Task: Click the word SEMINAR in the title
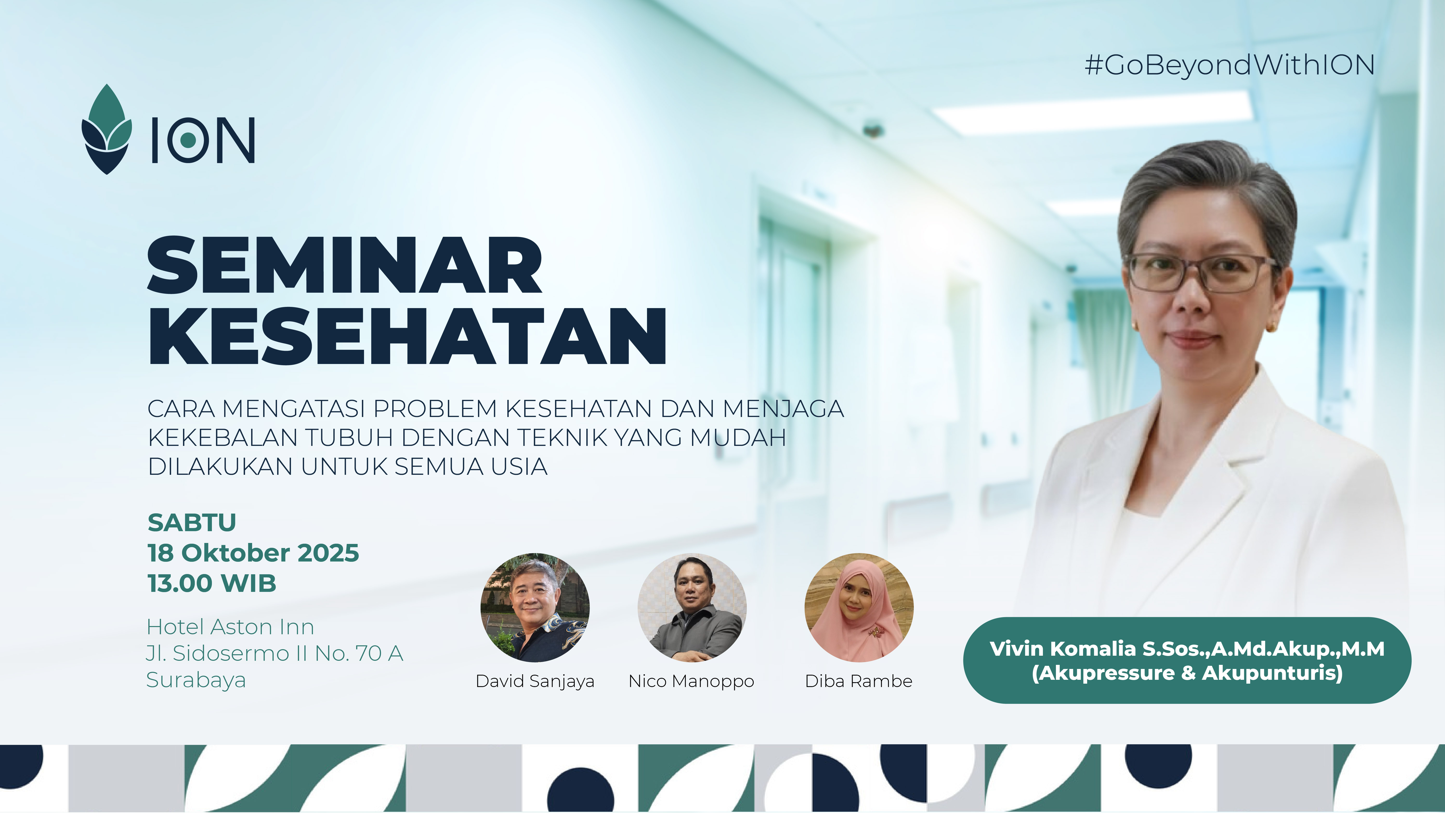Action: [x=344, y=265]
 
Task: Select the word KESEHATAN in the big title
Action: [x=407, y=336]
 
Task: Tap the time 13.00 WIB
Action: [x=212, y=583]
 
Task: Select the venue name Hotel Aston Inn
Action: [x=230, y=627]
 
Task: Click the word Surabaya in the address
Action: [x=196, y=680]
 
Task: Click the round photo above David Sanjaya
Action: [x=535, y=608]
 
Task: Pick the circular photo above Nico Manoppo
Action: [x=692, y=608]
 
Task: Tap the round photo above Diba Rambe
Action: [x=859, y=608]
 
